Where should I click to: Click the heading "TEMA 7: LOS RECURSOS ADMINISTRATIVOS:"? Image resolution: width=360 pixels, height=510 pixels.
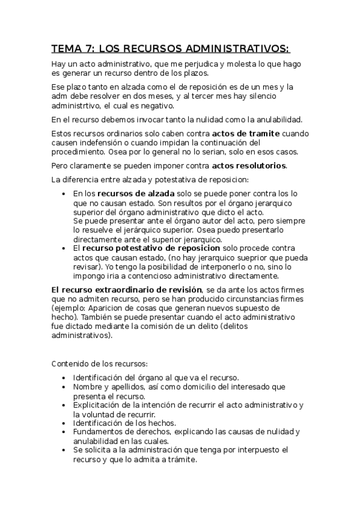[x=170, y=48]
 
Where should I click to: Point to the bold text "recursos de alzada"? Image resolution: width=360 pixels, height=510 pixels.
[x=136, y=194]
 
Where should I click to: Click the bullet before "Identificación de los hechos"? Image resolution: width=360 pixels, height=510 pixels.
[x=64, y=423]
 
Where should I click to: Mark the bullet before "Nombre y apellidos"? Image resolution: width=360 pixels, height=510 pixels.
[x=64, y=387]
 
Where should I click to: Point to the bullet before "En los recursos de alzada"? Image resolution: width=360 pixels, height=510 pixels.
[x=64, y=194]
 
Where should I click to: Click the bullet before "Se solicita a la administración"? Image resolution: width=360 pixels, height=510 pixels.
[x=64, y=450]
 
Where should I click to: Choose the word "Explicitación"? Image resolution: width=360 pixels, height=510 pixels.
[x=99, y=405]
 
